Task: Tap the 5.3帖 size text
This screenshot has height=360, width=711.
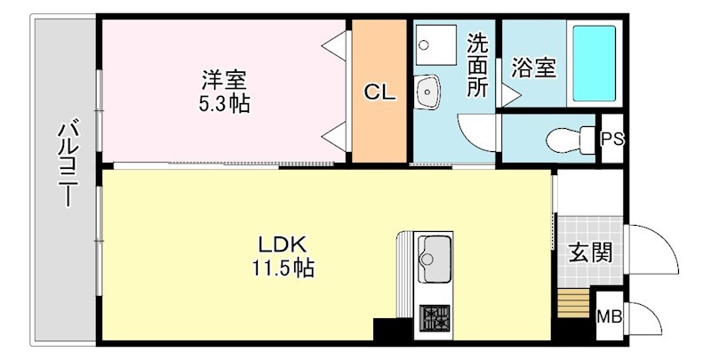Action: click(x=223, y=104)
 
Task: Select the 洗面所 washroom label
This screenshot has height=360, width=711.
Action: click(x=477, y=65)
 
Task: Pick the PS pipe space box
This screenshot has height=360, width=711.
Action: click(x=612, y=140)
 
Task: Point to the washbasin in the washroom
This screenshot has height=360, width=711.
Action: click(x=427, y=89)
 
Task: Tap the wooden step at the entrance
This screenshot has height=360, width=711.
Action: click(x=574, y=302)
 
